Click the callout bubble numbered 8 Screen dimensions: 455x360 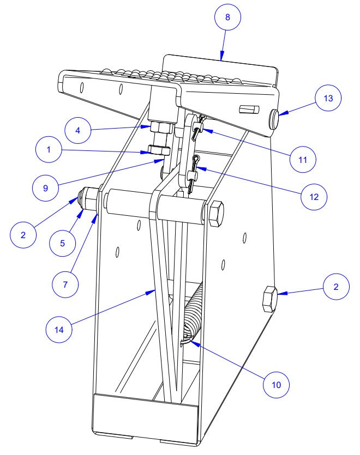pos(228,17)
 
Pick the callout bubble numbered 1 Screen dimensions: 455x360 pos(50,150)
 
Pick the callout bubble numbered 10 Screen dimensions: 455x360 pos(277,384)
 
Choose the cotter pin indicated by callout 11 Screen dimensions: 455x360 pos(197,129)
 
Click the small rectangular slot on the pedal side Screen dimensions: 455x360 pos(247,110)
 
